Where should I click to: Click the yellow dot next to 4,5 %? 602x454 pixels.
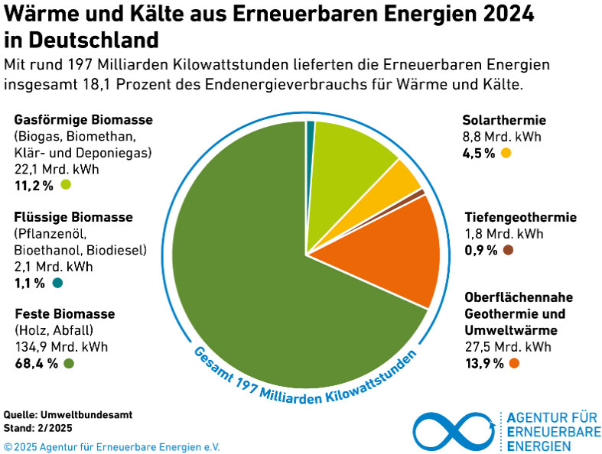tap(506, 153)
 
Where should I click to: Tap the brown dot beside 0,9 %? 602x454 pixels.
tap(508, 250)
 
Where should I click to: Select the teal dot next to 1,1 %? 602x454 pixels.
tap(57, 283)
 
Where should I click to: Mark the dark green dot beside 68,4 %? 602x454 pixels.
tap(70, 363)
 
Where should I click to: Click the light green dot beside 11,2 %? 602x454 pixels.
tap(66, 184)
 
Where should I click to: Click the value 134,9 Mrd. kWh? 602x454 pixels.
tap(61, 347)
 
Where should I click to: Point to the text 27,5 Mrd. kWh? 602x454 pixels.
tap(508, 347)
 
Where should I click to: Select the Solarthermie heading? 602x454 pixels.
tap(504, 120)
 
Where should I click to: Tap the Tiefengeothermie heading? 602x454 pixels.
tap(520, 218)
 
